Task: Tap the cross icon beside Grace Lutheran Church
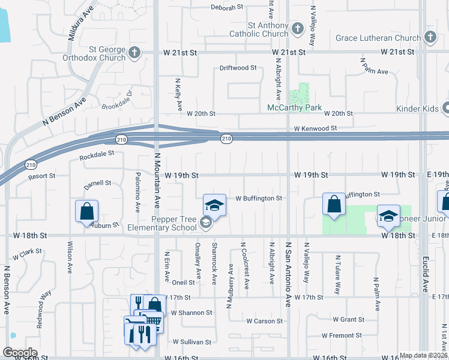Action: [429, 38]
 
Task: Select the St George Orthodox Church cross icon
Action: [134, 52]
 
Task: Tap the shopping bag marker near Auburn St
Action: [86, 211]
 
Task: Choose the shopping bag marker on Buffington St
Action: [333, 204]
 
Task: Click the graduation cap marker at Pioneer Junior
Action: [388, 216]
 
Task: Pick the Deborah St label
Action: [227, 8]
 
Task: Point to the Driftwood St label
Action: [238, 68]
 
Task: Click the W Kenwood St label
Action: [315, 128]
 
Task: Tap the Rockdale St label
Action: [97, 155]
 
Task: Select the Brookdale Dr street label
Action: [116, 100]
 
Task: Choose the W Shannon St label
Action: [191, 313]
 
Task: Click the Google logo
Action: [20, 353]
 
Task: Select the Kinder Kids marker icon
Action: [446, 109]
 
